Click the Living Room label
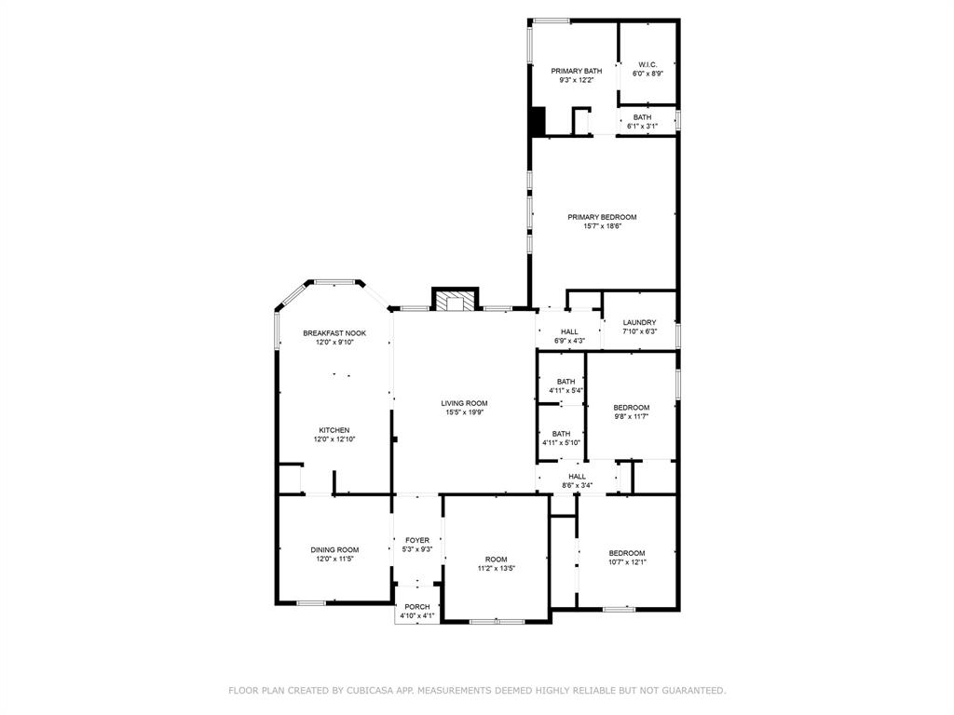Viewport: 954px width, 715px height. pos(464,403)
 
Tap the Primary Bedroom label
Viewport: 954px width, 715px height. pos(603,217)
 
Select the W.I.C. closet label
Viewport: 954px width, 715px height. pos(647,64)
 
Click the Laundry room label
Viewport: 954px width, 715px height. pos(639,322)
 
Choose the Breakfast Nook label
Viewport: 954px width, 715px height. pos(334,333)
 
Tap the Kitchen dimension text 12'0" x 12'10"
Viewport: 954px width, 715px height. pos(334,439)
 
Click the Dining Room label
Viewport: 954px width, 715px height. pos(334,549)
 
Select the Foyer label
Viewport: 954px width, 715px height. pos(417,540)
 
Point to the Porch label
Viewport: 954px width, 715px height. pos(417,607)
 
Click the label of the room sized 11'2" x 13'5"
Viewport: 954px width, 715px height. pos(497,560)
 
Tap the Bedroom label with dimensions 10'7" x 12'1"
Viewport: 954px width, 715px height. pos(627,553)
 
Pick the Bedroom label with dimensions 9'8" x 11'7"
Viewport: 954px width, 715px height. pos(632,408)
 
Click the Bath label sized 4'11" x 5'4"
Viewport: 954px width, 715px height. pos(566,382)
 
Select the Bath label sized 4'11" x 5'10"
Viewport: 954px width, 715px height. pos(561,434)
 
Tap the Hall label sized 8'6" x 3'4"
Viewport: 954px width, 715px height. pos(578,477)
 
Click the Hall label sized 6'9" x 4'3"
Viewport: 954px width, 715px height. pos(569,332)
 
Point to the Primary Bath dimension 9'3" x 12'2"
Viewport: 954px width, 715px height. pos(576,80)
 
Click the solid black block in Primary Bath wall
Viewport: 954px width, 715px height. pos(538,121)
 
